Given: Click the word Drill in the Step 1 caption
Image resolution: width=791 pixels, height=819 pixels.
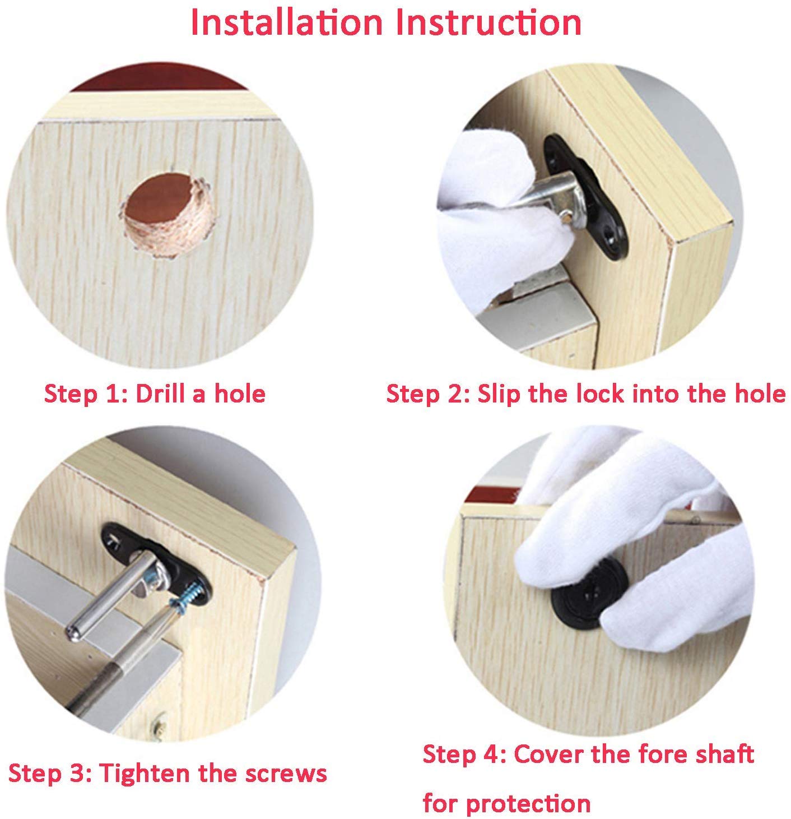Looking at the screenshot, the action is (x=160, y=393).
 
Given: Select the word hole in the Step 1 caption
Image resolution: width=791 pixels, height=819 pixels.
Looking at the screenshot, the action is (x=240, y=393).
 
